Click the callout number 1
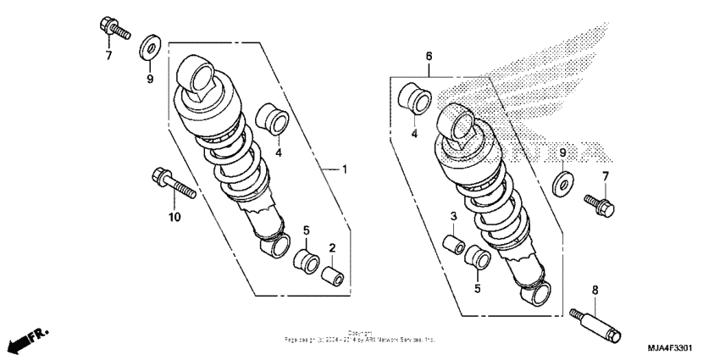pyautogui.click(x=344, y=169)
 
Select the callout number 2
pyautogui.click(x=333, y=248)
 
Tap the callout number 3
pyautogui.click(x=454, y=216)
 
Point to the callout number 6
pyautogui.click(x=429, y=56)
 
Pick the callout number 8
pyautogui.click(x=595, y=290)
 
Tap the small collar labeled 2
pyautogui.click(x=333, y=275)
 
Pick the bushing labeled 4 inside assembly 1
pyautogui.click(x=270, y=119)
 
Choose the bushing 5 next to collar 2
pyautogui.click(x=304, y=257)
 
